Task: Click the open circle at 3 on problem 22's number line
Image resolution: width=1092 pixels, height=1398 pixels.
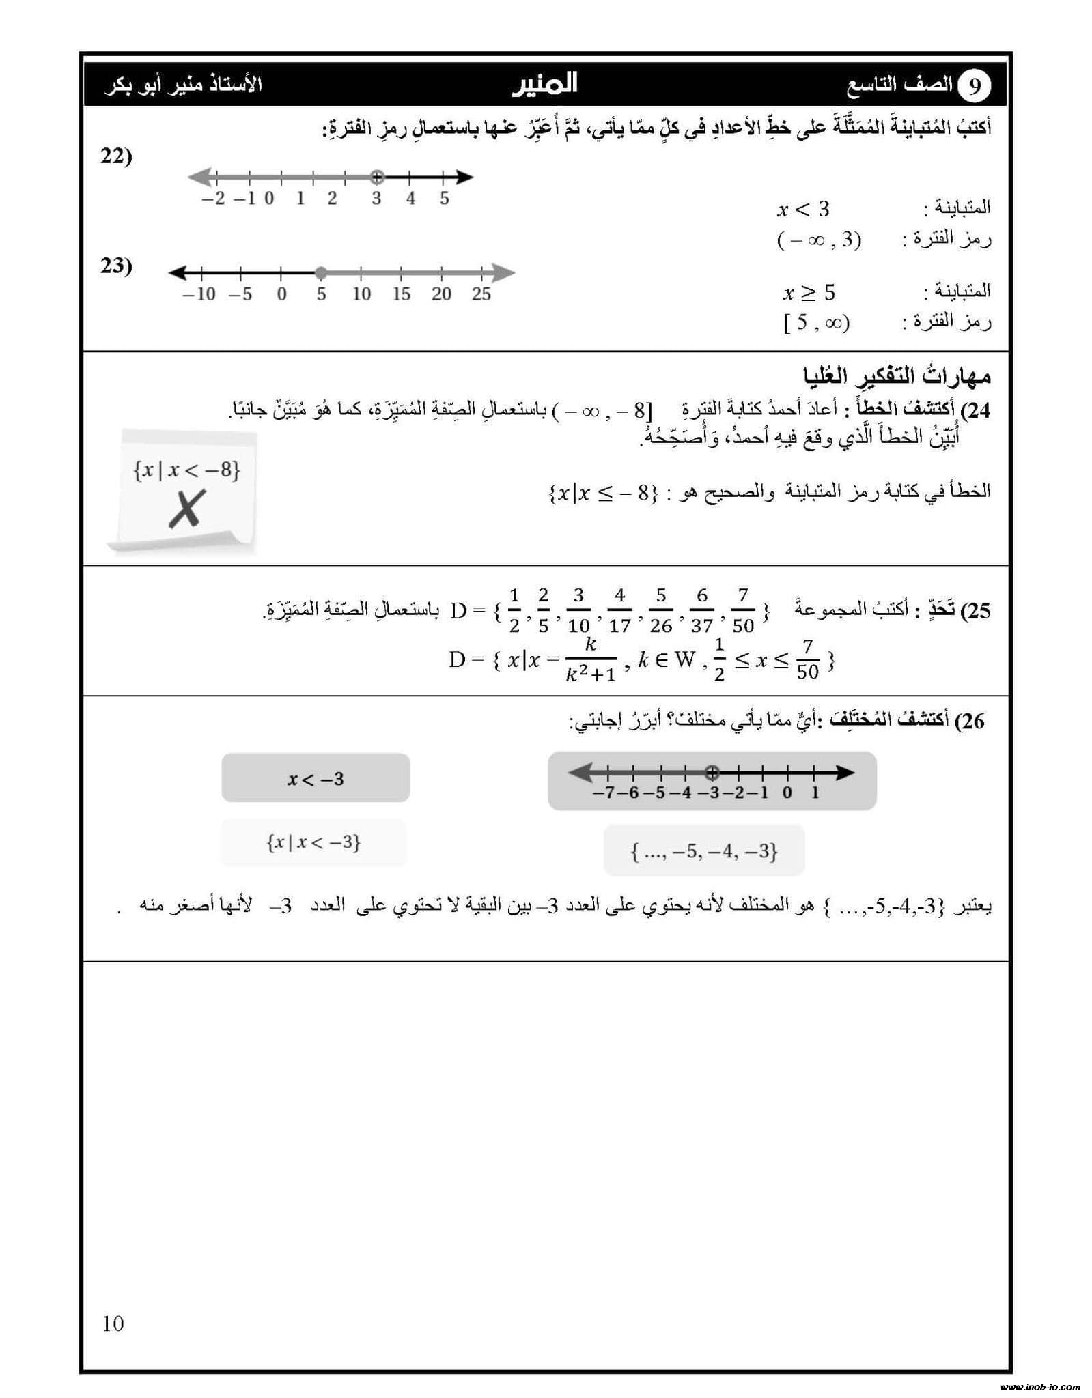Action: point(376,177)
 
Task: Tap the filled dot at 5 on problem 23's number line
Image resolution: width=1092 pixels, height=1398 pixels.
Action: point(321,273)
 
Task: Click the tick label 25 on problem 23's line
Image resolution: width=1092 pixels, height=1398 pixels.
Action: point(481,294)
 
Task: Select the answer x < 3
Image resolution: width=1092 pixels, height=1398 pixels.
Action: point(803,209)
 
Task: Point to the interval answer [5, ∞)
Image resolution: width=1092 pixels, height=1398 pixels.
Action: point(816,322)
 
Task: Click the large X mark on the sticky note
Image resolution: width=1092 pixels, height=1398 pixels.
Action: point(186,509)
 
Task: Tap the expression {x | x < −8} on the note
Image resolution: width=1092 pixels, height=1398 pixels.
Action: point(187,470)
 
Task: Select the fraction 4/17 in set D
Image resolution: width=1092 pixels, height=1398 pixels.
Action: point(619,611)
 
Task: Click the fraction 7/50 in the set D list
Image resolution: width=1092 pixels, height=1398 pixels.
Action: point(743,611)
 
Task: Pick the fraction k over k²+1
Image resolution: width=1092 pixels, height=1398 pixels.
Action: point(591,660)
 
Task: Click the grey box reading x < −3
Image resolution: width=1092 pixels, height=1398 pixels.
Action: point(316,778)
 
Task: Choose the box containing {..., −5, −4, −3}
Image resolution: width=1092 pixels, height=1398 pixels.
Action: point(704,851)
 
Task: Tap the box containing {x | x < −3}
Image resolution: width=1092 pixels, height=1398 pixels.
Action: point(313,842)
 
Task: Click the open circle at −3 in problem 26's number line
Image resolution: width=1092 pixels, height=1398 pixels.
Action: point(712,773)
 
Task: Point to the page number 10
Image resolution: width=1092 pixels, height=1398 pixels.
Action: point(113,1324)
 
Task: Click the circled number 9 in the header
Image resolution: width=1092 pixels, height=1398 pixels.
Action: point(975,85)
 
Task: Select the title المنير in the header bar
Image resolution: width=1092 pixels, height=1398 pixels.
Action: point(544,84)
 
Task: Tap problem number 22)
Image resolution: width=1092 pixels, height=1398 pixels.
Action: point(116,156)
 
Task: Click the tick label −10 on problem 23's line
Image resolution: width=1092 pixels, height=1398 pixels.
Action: point(199,294)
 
